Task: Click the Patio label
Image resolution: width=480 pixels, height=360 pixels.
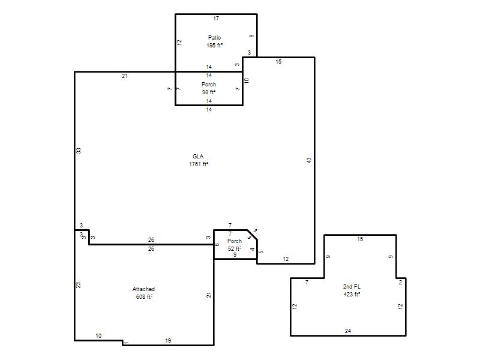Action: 214,38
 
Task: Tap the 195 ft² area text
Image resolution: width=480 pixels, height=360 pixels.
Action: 214,46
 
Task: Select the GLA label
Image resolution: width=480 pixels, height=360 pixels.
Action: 198,157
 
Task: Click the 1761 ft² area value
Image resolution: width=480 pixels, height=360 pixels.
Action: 199,164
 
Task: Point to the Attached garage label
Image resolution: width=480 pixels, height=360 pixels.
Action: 143,289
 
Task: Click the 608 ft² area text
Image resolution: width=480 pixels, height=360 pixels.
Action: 144,296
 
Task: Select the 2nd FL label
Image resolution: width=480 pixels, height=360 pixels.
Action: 352,287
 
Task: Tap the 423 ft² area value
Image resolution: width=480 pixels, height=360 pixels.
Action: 352,294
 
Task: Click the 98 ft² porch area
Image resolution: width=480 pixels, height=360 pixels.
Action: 209,92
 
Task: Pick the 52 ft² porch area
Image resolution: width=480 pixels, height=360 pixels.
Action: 235,248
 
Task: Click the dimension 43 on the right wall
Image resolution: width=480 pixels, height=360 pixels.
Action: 309,160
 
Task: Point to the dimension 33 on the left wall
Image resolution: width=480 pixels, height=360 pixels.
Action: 79,151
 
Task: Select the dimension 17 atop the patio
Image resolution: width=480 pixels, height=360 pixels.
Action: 216,19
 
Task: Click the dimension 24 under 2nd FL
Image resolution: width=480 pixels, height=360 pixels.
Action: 348,331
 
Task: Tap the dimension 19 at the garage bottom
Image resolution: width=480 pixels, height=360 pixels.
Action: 168,340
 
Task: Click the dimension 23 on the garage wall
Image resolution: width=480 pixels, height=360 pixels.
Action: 79,284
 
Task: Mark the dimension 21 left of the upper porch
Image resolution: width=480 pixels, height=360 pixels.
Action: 125,76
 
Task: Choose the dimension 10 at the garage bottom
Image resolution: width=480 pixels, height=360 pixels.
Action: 98,336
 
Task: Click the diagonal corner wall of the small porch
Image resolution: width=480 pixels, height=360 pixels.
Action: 252,235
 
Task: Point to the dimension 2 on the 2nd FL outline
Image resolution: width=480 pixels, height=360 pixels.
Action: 400,283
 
